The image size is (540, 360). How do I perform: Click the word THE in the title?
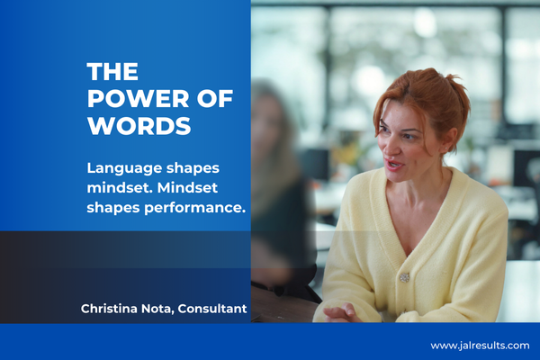[112, 72]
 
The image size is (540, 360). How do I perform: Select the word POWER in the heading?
[139, 98]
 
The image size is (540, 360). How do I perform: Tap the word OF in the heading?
[215, 98]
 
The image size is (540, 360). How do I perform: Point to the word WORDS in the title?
[139, 126]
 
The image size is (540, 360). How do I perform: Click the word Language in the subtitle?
[124, 169]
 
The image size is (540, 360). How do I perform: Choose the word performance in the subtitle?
[194, 208]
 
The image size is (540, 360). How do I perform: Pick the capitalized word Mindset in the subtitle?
[187, 188]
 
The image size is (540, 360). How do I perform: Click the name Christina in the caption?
[109, 309]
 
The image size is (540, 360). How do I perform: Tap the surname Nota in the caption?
[157, 309]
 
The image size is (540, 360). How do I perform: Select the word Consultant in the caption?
[212, 309]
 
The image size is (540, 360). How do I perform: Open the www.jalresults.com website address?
[480, 346]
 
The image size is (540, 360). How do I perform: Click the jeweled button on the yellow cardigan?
[404, 277]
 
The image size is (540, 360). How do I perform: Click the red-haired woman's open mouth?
[393, 165]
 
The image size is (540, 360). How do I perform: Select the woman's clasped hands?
[342, 313]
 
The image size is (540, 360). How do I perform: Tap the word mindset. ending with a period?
[120, 188]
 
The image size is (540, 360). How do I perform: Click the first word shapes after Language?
[193, 169]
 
